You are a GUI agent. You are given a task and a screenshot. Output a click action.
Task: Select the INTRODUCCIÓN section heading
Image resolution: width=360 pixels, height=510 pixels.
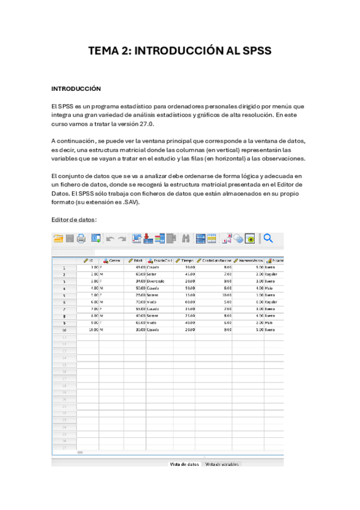[x=76, y=88]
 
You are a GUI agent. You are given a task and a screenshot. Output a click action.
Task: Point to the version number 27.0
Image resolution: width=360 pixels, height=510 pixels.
[x=145, y=124]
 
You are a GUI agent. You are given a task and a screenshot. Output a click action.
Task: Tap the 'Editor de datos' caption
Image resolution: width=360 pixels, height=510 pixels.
[x=74, y=220]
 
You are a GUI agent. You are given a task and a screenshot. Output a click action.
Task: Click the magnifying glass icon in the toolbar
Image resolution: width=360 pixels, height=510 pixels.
[x=268, y=238]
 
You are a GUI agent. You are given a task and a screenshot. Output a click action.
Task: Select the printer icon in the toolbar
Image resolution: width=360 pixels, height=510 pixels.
[x=81, y=239]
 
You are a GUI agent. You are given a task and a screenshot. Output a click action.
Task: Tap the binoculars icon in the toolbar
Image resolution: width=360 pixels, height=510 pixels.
[x=186, y=239]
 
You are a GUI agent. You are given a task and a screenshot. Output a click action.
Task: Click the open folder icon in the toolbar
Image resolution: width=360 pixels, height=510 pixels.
[x=58, y=239]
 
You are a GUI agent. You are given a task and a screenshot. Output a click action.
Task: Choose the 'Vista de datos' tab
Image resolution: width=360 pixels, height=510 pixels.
[x=184, y=464]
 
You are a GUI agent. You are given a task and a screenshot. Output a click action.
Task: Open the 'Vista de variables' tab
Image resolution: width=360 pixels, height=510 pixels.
[x=222, y=464]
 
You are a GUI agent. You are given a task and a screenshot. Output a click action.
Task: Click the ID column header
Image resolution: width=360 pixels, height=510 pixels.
[x=88, y=260]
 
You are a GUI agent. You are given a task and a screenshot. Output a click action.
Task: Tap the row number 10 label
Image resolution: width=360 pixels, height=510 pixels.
[x=64, y=330]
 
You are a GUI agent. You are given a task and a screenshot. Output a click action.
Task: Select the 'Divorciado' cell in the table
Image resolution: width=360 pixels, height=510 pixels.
[x=156, y=280]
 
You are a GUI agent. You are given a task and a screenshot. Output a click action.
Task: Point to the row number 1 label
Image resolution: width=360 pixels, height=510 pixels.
[x=64, y=267]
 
